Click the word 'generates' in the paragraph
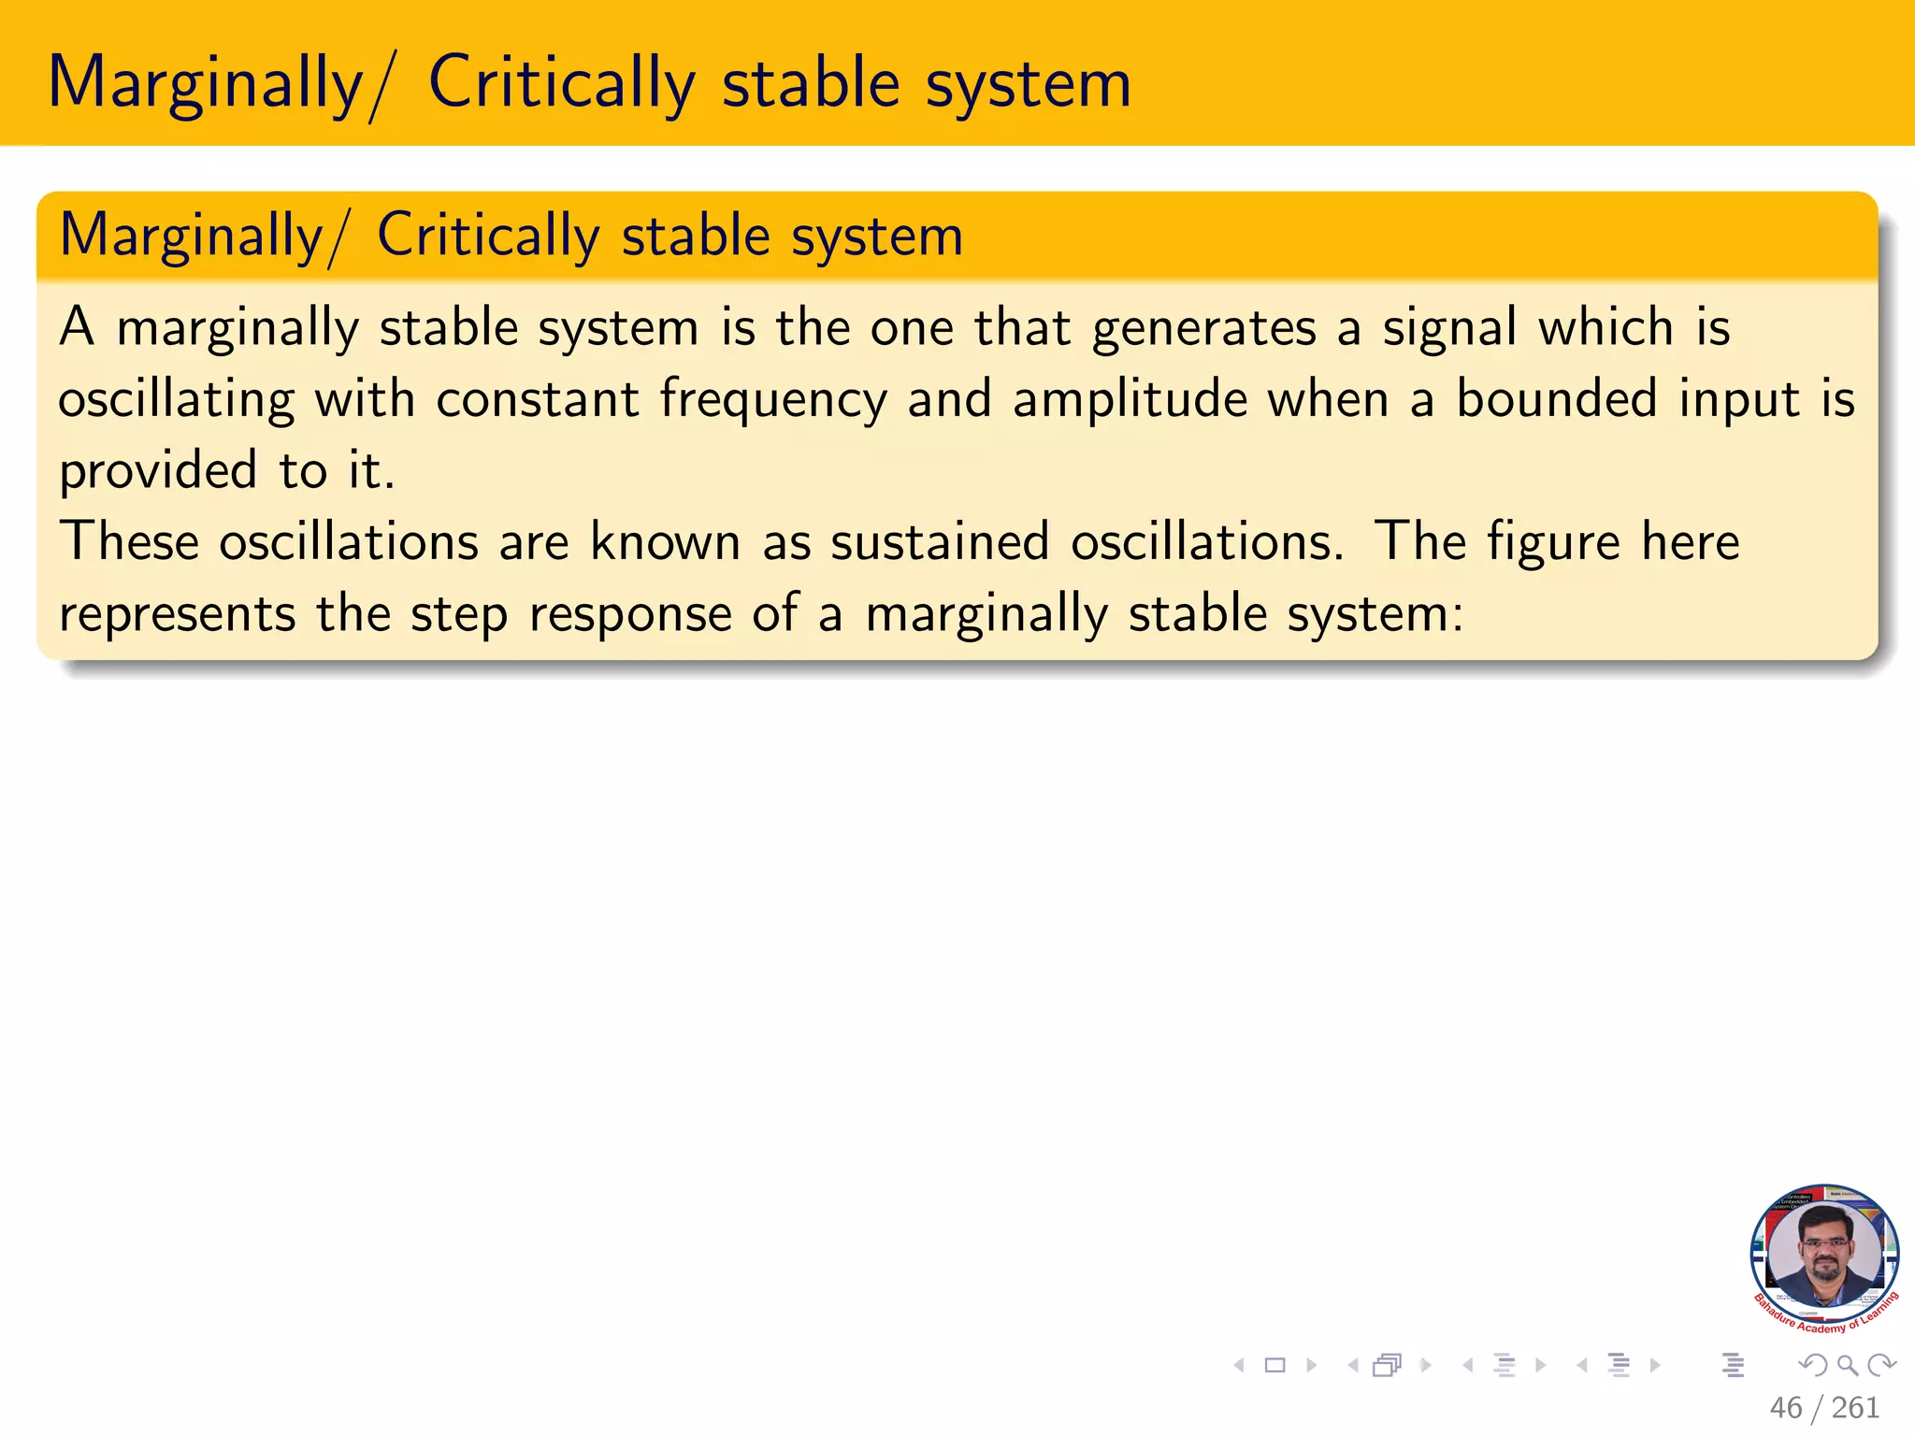tap(1203, 329)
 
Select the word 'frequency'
tap(773, 400)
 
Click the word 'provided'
tap(157, 471)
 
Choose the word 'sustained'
tap(940, 542)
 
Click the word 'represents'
tap(177, 615)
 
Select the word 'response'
tap(630, 615)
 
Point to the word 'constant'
tap(538, 399)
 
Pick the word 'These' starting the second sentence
tap(129, 542)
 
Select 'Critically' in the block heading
tap(487, 236)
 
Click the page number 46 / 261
tap(1823, 1407)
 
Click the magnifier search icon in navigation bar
tap(1847, 1365)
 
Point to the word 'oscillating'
tap(176, 400)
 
